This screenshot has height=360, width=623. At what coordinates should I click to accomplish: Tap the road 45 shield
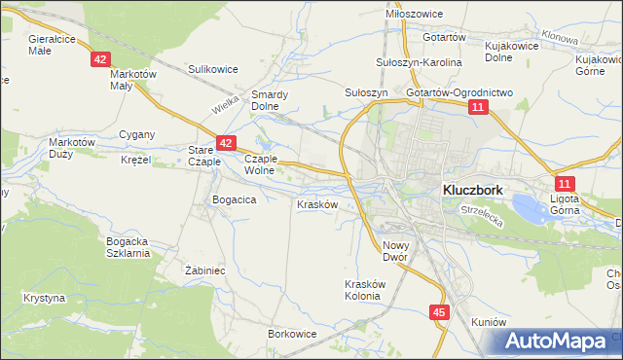pyautogui.click(x=440, y=312)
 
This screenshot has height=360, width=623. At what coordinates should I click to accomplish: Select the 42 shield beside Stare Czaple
pyautogui.click(x=225, y=143)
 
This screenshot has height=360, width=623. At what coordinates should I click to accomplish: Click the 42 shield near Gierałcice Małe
pyautogui.click(x=101, y=59)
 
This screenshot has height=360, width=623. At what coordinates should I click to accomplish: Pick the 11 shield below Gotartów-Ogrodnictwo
pyautogui.click(x=476, y=107)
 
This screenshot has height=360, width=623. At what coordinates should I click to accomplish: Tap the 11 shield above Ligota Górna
pyautogui.click(x=566, y=183)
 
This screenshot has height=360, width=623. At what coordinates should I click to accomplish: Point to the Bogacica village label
pyautogui.click(x=234, y=199)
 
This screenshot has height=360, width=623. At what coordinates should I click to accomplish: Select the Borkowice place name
pyautogui.click(x=292, y=333)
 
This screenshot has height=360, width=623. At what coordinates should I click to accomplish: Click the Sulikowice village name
pyautogui.click(x=213, y=69)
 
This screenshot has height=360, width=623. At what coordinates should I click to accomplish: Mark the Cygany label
pyautogui.click(x=135, y=133)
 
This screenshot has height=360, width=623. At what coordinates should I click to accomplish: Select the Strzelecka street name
pyautogui.click(x=483, y=219)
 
